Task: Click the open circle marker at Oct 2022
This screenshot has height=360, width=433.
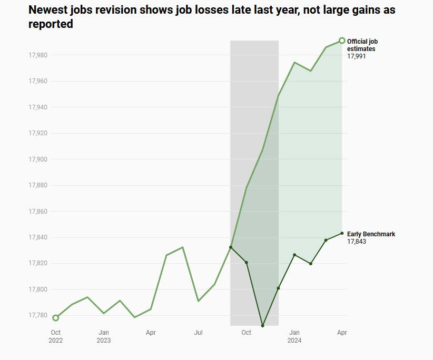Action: pyautogui.click(x=56, y=318)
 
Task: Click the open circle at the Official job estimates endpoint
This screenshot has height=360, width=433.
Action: pyautogui.click(x=342, y=41)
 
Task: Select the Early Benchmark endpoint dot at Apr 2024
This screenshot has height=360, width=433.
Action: pyautogui.click(x=342, y=233)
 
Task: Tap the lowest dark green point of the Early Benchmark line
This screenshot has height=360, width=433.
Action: pyautogui.click(x=262, y=326)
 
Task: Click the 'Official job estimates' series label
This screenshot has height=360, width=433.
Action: pyautogui.click(x=362, y=45)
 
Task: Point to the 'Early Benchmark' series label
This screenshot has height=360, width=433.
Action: pyautogui.click(x=371, y=234)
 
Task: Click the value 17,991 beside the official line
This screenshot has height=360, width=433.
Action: pyautogui.click(x=356, y=56)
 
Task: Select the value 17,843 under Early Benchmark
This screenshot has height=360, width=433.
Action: pyautogui.click(x=356, y=242)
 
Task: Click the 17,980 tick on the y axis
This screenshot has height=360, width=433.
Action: pyautogui.click(x=38, y=55)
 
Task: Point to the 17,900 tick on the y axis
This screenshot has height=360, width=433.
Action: pyautogui.click(x=38, y=159)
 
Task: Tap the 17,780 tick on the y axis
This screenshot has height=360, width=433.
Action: pyautogui.click(x=38, y=315)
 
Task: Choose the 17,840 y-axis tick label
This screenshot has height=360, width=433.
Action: pyautogui.click(x=38, y=237)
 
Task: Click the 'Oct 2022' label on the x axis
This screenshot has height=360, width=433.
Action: pyautogui.click(x=56, y=336)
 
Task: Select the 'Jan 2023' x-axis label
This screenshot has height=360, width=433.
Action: pyautogui.click(x=104, y=336)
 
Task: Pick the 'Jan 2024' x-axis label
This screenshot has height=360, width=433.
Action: pyautogui.click(x=294, y=336)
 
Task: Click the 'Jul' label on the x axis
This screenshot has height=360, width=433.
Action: pyautogui.click(x=199, y=333)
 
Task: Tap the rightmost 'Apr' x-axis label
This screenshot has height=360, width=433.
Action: pyautogui.click(x=342, y=333)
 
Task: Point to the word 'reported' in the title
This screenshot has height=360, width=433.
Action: pyautogui.click(x=50, y=24)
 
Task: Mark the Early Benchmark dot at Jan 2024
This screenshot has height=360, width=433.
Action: pyautogui.click(x=294, y=255)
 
